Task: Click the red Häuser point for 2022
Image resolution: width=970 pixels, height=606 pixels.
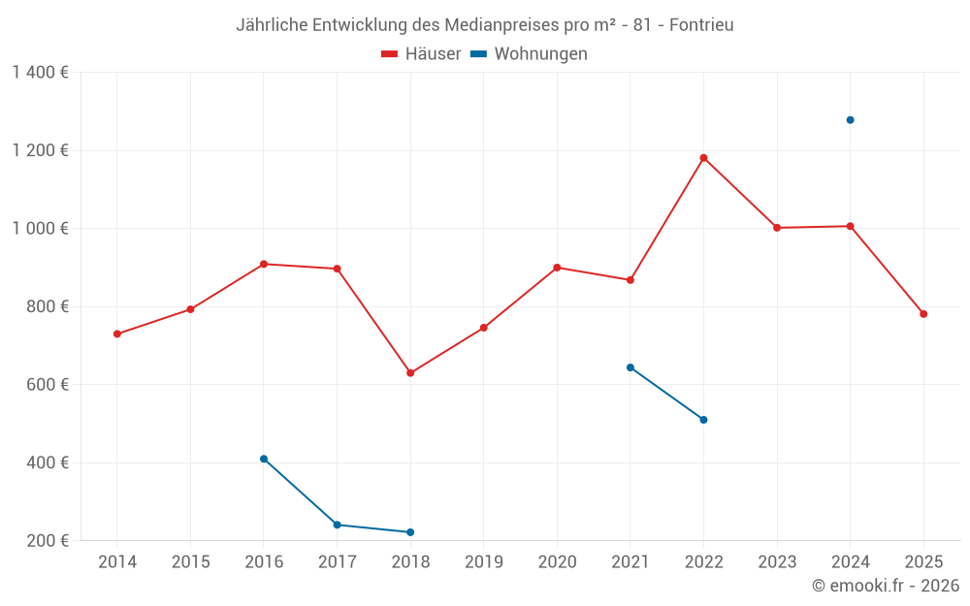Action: (x=703, y=158)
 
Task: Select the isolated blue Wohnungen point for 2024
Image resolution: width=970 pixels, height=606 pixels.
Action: (x=850, y=120)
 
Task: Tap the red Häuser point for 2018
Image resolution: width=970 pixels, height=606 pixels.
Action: (x=410, y=373)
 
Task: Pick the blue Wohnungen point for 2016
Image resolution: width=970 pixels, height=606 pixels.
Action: (x=264, y=459)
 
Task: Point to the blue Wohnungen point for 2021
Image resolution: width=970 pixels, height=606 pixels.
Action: (x=630, y=367)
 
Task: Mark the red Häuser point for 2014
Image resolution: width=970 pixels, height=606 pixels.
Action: (x=117, y=334)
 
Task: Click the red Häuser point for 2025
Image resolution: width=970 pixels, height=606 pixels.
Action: (x=923, y=314)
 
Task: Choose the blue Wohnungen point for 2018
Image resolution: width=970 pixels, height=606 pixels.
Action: (x=410, y=532)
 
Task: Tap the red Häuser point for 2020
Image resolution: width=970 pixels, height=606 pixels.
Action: (x=557, y=268)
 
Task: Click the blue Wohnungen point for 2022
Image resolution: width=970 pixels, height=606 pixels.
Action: (x=703, y=420)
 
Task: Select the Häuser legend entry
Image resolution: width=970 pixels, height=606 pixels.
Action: (x=422, y=54)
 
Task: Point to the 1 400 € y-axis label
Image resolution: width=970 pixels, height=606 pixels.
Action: (x=40, y=73)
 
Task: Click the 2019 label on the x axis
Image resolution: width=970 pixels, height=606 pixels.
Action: (x=484, y=562)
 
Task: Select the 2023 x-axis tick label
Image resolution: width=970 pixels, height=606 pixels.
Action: (x=777, y=562)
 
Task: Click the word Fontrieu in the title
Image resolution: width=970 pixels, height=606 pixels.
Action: (x=701, y=24)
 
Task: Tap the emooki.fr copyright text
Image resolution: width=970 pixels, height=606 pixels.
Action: (x=886, y=586)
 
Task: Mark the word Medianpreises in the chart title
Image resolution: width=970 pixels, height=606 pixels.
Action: (x=507, y=24)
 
